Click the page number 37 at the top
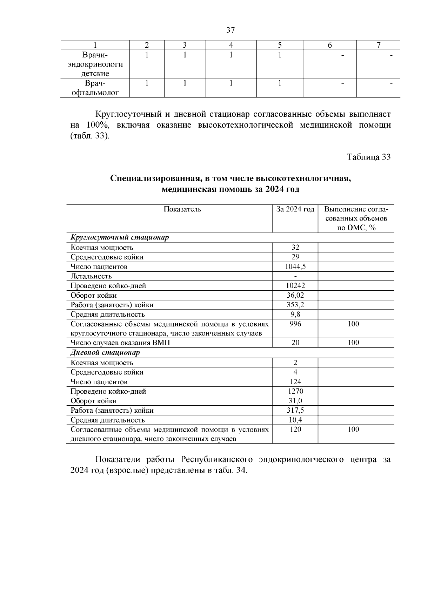pyautogui.click(x=230, y=30)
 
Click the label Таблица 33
pyautogui.click(x=369, y=157)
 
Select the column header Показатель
pyautogui.click(x=182, y=209)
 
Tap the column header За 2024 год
pyautogui.click(x=295, y=209)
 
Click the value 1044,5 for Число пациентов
pyautogui.click(x=295, y=266)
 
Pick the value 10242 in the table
pyautogui.click(x=295, y=285)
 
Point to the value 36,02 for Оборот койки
pyautogui.click(x=295, y=295)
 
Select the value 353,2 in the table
pyautogui.click(x=295, y=305)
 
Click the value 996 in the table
pyautogui.click(x=295, y=324)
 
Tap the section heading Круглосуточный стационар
pyautogui.click(x=120, y=237)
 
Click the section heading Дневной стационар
pyautogui.click(x=105, y=352)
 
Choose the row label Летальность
pyautogui.click(x=91, y=276)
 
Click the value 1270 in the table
pyautogui.click(x=295, y=391)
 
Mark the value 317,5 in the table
pyautogui.click(x=295, y=410)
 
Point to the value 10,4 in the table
pyautogui.click(x=295, y=420)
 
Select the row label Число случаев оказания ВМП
pyautogui.click(x=120, y=343)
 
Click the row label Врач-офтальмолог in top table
pyautogui.click(x=95, y=88)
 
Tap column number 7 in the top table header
pyautogui.click(x=378, y=45)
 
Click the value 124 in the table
pyautogui.click(x=295, y=381)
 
